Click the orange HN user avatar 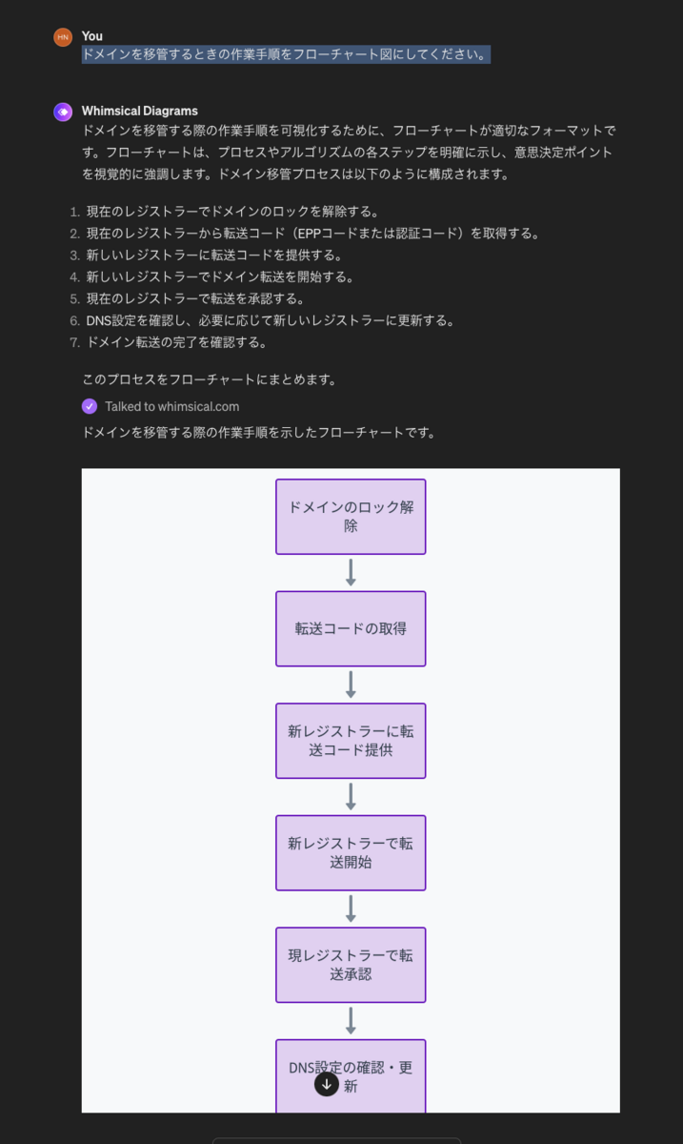coord(63,37)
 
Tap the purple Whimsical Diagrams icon coord(63,112)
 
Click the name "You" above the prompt coord(91,36)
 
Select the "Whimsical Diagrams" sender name coord(140,111)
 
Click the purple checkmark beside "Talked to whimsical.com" coord(90,406)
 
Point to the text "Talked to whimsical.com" coord(172,406)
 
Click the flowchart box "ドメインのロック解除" coord(351,517)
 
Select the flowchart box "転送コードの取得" coord(351,628)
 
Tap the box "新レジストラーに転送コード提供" coord(351,741)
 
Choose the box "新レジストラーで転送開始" coord(351,853)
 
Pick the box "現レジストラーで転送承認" coord(351,965)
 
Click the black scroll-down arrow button coord(327,1084)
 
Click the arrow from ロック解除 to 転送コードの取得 coord(351,573)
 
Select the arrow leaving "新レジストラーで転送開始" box coord(351,909)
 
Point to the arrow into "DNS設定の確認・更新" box coord(351,1021)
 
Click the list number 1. coord(74,212)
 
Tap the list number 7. coord(74,342)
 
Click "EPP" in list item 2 coord(309,234)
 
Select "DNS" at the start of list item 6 coord(98,320)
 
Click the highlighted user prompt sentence coord(286,54)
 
